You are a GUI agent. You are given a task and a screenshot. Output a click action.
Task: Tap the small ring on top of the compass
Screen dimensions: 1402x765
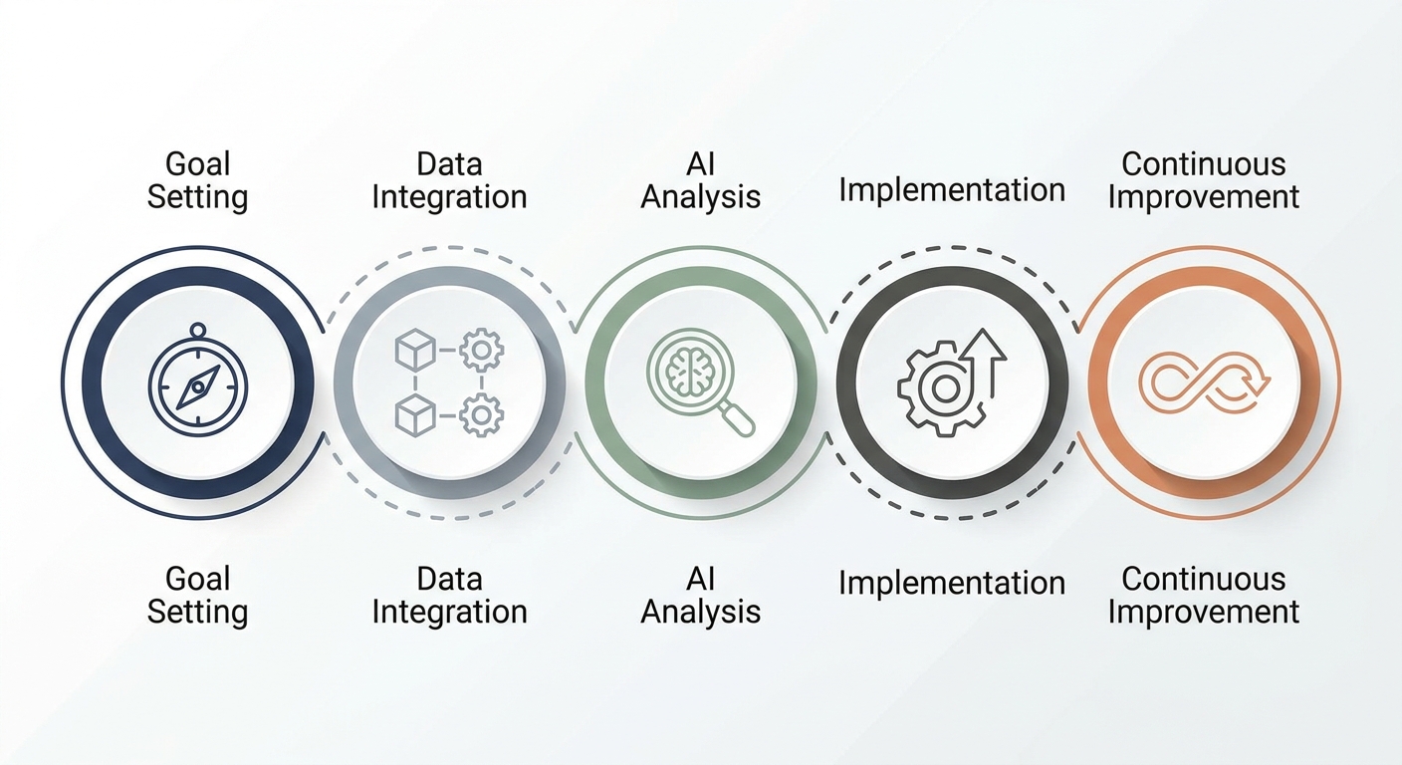198,330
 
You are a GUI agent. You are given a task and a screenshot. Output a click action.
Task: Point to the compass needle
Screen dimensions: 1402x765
198,386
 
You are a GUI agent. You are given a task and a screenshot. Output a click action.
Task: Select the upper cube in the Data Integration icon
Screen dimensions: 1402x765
415,350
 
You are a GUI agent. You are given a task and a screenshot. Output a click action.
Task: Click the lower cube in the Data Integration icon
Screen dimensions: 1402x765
415,415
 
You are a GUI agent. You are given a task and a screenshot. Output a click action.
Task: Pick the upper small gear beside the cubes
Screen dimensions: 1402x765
481,350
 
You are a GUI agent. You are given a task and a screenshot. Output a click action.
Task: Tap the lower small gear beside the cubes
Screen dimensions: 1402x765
481,415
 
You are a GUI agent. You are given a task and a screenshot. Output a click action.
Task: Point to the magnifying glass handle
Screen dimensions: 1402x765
737,418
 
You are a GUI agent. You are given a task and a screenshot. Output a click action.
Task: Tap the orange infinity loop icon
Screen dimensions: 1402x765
1204,382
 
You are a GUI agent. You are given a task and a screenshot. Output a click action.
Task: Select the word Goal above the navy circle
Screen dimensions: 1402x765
198,164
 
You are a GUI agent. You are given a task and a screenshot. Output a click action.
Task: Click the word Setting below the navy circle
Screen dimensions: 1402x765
198,612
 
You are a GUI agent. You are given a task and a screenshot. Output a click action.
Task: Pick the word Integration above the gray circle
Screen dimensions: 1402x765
449,197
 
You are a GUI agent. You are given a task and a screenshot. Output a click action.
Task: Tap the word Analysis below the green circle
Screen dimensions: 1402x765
700,612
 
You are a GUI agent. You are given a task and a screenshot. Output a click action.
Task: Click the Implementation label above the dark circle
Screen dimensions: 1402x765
952,189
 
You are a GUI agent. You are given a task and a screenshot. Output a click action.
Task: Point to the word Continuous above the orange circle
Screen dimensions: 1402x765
1204,164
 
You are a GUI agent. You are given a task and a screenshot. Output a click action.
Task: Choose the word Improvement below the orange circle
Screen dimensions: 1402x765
1204,612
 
